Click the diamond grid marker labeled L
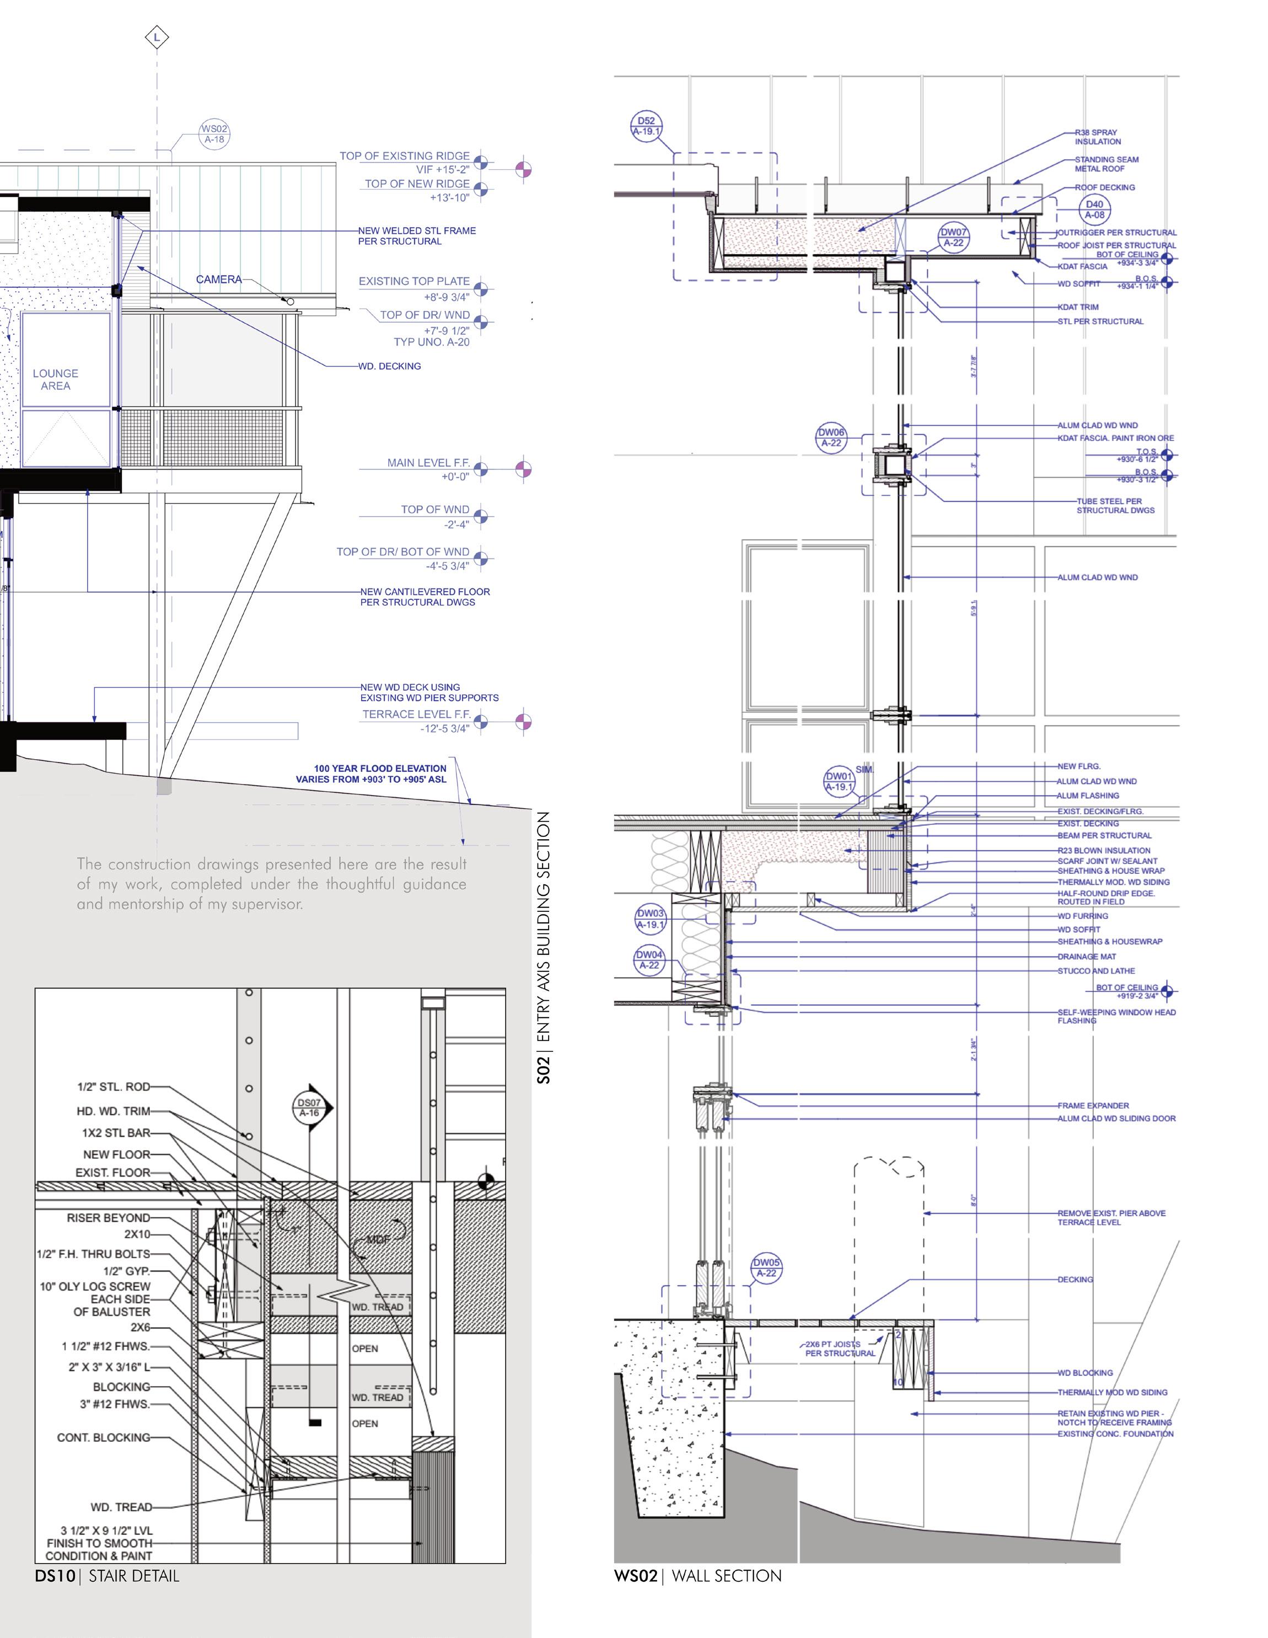point(157,37)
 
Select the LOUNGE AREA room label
point(56,379)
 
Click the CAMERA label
point(219,279)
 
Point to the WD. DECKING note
point(390,366)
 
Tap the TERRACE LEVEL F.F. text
point(416,714)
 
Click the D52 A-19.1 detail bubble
point(646,126)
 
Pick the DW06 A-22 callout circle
point(831,437)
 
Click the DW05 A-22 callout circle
point(766,1268)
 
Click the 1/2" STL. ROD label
point(113,1086)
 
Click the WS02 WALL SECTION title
point(697,1576)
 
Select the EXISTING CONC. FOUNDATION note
point(1115,1433)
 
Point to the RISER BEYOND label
point(108,1217)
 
